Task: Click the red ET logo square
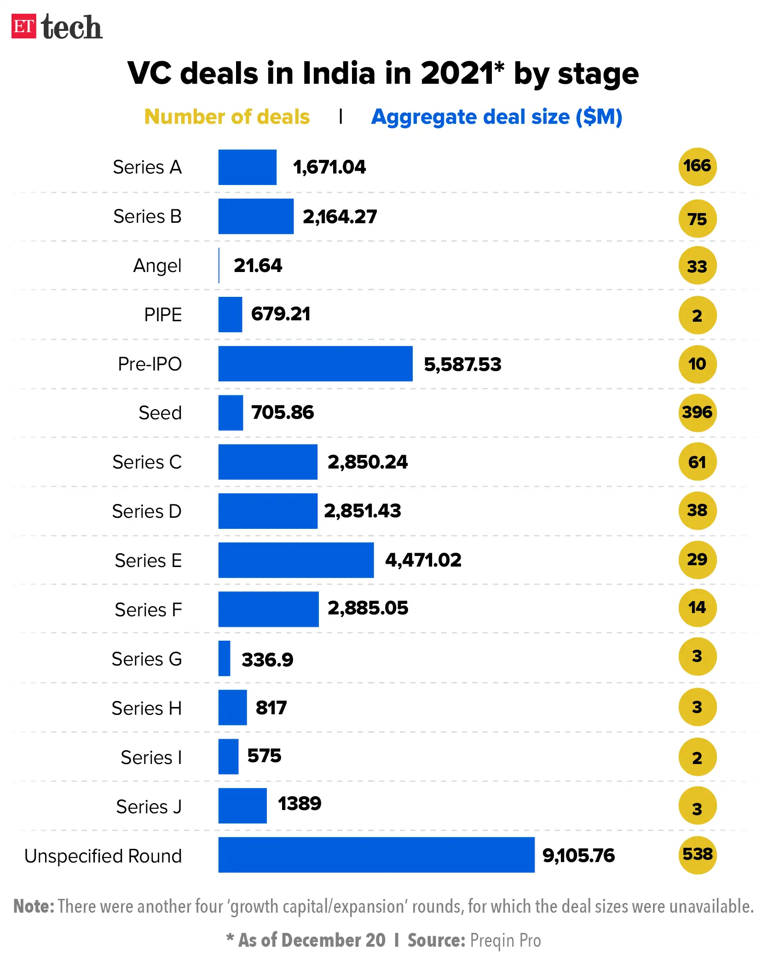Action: tap(23, 26)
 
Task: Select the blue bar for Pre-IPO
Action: tap(315, 364)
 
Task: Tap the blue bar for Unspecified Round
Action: tap(376, 855)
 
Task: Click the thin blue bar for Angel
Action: tap(219, 266)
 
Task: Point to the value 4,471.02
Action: tap(423, 560)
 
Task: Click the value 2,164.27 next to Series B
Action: tap(340, 216)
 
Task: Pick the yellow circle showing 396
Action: tap(697, 412)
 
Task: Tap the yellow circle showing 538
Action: tap(697, 855)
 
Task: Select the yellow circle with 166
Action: tap(697, 167)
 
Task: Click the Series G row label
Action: tap(147, 659)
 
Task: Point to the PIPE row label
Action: tap(163, 315)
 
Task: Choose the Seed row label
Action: tap(160, 413)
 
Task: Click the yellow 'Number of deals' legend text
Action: tap(227, 117)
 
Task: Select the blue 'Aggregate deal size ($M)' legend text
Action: tap(496, 117)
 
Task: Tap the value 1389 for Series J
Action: tap(299, 804)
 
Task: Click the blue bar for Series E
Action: tap(296, 560)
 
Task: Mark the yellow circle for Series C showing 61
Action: tap(697, 462)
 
